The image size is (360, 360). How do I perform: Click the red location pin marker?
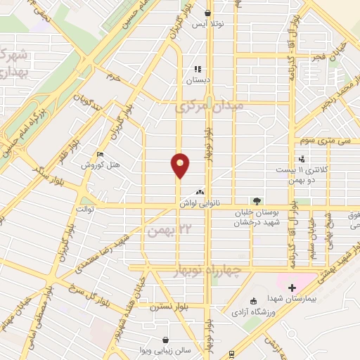coord(180,165)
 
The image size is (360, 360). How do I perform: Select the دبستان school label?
coord(198,81)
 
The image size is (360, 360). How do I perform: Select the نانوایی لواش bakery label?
coord(199,202)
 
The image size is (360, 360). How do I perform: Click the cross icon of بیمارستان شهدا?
coord(292,288)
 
